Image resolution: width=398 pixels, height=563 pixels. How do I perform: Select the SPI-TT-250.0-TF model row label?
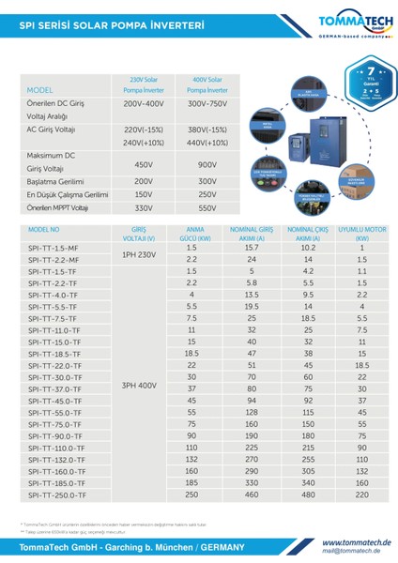pos(57,494)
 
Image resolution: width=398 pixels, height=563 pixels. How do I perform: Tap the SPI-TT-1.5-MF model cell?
pos(54,248)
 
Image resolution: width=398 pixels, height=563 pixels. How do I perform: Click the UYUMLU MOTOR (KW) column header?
pos(361,233)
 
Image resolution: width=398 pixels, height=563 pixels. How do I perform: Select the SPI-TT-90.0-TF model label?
pos(57,435)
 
